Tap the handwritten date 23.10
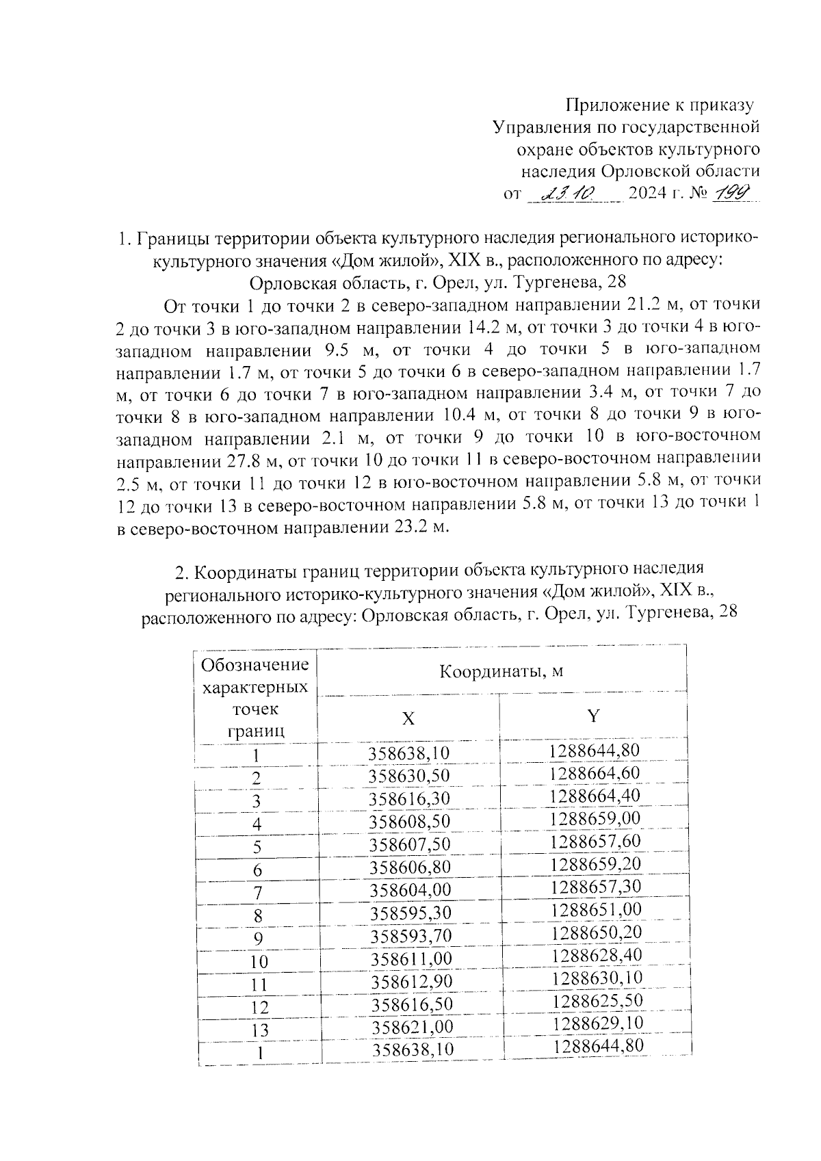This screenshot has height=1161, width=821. [x=569, y=194]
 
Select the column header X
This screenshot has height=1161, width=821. [x=408, y=718]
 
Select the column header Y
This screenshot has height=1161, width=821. [x=593, y=716]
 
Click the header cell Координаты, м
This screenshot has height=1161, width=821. [x=501, y=671]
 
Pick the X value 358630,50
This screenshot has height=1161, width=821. [x=409, y=777]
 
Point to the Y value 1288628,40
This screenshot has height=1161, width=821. [x=597, y=954]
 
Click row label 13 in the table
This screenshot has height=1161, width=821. [x=259, y=1030]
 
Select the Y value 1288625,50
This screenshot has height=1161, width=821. [x=597, y=1001]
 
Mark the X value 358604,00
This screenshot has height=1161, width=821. [x=411, y=890]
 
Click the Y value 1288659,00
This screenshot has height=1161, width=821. [x=595, y=819]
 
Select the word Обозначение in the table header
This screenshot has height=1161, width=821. [x=255, y=665]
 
